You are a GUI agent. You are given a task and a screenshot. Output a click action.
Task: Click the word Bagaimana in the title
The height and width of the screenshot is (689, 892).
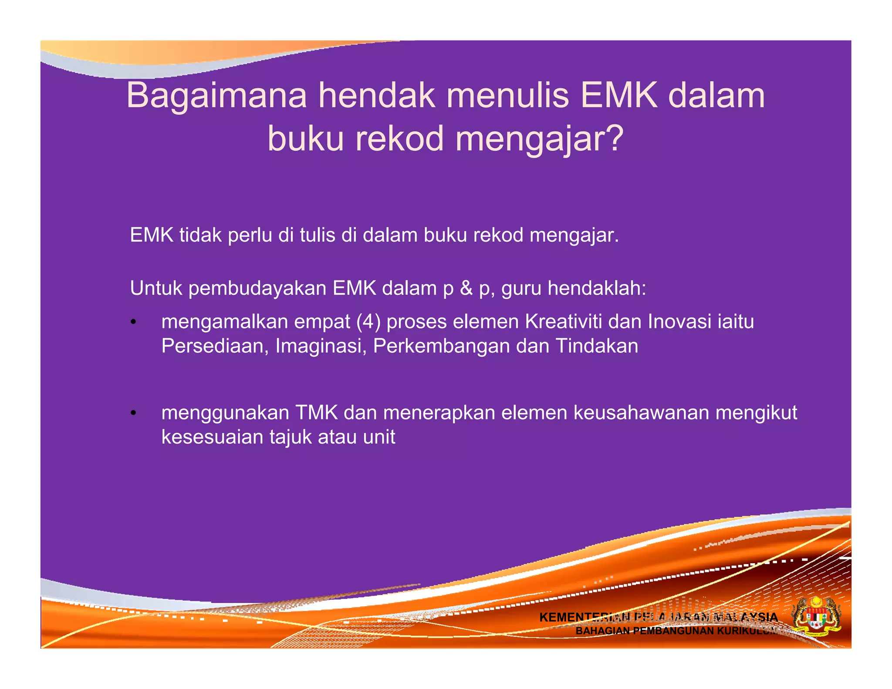coord(216,95)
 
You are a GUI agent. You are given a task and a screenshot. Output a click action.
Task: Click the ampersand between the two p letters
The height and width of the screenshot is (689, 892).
coord(466,288)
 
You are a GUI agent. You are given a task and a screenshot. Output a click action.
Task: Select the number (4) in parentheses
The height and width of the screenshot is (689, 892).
coord(368,322)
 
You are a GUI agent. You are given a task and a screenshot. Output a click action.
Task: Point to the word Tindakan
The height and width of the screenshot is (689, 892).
coord(597,346)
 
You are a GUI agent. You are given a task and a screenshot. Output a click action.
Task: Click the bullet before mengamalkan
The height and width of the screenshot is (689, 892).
coord(133,322)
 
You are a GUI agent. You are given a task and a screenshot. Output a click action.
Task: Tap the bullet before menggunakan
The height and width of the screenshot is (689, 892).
coord(133,413)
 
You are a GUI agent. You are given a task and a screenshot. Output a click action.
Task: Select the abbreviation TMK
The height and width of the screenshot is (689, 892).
coord(317,413)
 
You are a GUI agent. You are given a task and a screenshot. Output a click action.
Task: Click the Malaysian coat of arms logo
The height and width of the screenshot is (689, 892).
coord(816,618)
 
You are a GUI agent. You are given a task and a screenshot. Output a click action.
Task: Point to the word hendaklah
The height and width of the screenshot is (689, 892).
coord(597,288)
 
